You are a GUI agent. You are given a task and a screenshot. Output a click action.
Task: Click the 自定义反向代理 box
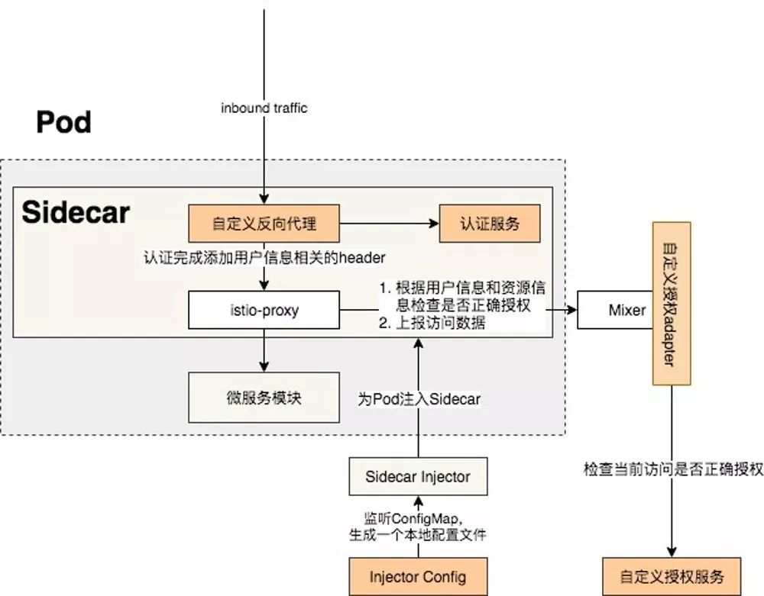264,224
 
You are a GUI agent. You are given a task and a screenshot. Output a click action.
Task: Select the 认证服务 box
490,224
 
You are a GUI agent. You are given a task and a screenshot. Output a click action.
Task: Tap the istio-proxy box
264,311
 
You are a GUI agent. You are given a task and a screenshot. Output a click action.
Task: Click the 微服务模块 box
264,397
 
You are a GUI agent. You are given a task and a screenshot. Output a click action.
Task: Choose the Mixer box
626,311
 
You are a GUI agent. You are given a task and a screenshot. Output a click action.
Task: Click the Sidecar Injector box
417,477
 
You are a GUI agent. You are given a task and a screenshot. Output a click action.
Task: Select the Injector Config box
417,576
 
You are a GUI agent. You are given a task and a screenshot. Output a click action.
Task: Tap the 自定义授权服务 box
672,576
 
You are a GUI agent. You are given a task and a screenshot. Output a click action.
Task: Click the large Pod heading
63,122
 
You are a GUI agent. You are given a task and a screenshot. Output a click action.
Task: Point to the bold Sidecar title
76,213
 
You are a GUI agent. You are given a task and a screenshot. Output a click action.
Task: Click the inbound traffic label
264,108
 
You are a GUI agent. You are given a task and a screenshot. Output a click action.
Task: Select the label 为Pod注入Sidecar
418,398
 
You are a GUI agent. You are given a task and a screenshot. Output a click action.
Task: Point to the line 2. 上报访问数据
432,324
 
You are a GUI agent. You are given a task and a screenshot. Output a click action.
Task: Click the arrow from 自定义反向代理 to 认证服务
390,224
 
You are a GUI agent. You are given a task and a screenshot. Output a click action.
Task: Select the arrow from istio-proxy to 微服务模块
264,353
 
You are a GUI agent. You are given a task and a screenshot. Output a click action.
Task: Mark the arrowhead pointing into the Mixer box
571,311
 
